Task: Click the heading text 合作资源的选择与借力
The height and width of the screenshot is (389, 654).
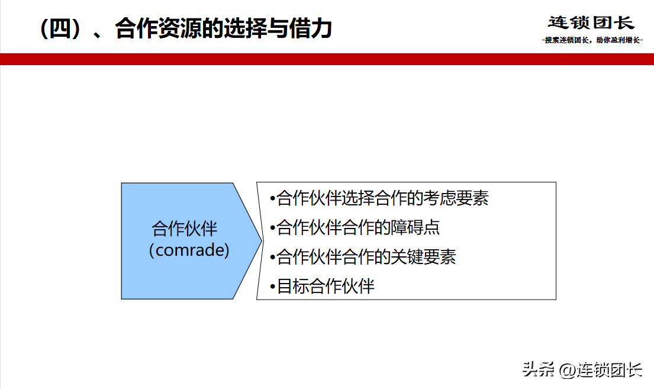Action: (224, 28)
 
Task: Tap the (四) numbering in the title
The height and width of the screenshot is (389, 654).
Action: (60, 29)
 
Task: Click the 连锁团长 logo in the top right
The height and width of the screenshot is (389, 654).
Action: (591, 23)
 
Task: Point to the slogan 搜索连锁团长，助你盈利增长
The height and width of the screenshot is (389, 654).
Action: (592, 40)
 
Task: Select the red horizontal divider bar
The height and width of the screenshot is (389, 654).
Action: (327, 59)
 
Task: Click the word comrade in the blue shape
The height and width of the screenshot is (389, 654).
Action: (189, 250)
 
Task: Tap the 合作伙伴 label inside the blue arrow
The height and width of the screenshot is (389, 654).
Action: (185, 229)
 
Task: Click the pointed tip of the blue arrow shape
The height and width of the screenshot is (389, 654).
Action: (262, 240)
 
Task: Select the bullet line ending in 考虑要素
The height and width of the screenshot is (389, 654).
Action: (379, 198)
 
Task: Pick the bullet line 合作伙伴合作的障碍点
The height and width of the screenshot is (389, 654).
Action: (355, 227)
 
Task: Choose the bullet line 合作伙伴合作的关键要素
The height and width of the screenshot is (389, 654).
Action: (363, 257)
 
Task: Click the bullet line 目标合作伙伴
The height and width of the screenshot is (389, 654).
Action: (322, 287)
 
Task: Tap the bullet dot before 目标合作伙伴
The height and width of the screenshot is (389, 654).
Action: (273, 287)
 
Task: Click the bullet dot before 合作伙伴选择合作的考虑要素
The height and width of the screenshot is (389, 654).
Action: (273, 199)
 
